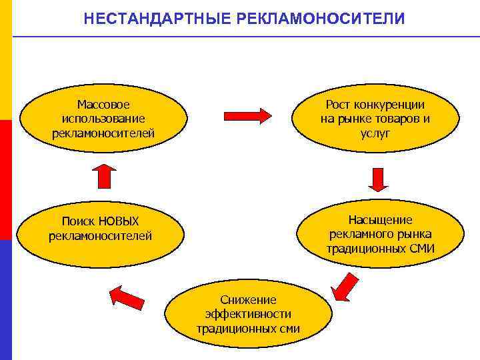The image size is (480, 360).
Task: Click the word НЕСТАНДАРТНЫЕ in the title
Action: (x=158, y=18)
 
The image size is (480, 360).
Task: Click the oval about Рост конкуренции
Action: (x=375, y=119)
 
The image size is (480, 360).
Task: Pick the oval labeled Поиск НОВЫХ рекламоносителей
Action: (x=100, y=229)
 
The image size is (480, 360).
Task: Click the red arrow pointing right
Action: (x=247, y=115)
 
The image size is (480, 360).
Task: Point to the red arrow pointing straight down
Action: (x=379, y=179)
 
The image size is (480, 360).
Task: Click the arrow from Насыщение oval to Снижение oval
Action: (x=345, y=286)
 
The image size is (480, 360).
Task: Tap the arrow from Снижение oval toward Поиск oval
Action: (x=127, y=297)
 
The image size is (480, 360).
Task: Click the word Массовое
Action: (x=103, y=105)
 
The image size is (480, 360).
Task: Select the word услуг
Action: (x=375, y=133)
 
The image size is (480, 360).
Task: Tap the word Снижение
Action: (x=248, y=299)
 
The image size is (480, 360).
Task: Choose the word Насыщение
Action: (x=380, y=219)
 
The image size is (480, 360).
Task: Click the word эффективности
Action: (x=248, y=314)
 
